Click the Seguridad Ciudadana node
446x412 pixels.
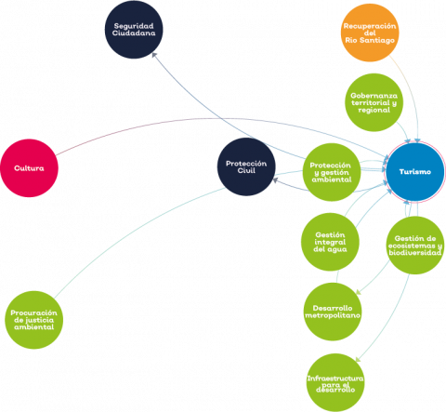(x=134, y=30)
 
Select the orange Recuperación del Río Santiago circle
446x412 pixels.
(x=370, y=33)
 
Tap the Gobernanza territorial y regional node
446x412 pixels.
(x=374, y=102)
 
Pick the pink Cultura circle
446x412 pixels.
(x=29, y=168)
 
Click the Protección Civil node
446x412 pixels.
(x=246, y=166)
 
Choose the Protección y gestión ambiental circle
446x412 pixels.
(x=332, y=172)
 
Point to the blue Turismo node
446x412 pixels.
(x=415, y=172)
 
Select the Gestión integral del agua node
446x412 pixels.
(x=330, y=242)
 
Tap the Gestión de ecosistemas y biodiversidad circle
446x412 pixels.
(x=415, y=246)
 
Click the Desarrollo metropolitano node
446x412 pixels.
(x=333, y=312)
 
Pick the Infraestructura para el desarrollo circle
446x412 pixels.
(x=335, y=383)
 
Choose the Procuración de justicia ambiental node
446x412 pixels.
(x=33, y=320)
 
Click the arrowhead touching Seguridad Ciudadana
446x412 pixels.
(x=154, y=55)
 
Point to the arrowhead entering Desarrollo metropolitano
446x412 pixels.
(x=359, y=292)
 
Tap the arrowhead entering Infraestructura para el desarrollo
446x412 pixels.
(x=358, y=360)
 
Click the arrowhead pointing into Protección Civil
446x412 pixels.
(x=275, y=179)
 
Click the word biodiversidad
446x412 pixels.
(x=415, y=253)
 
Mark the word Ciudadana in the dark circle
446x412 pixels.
(x=134, y=33)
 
